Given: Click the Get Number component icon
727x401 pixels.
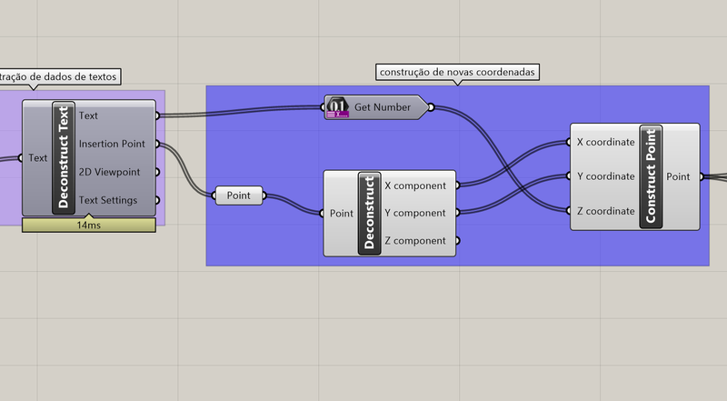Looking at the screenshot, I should pyautogui.click(x=338, y=108).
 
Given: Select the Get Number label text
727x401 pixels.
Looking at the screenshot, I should pyautogui.click(x=381, y=108).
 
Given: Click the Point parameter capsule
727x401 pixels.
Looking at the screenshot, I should pyautogui.click(x=239, y=195).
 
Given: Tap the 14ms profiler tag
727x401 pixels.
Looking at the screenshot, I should pyautogui.click(x=89, y=225).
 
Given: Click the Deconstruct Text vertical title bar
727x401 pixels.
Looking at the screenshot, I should pyautogui.click(x=64, y=157).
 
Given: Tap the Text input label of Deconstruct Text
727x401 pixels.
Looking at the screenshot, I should pyautogui.click(x=38, y=158).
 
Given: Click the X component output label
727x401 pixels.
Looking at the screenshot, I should pyautogui.click(x=415, y=185).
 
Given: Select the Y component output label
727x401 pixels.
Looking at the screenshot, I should pyautogui.click(x=415, y=213).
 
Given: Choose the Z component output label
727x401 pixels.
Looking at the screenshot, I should pyautogui.click(x=415, y=241).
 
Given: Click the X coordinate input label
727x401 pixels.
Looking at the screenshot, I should pyautogui.click(x=605, y=142).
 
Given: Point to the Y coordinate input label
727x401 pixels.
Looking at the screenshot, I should pyautogui.click(x=605, y=176).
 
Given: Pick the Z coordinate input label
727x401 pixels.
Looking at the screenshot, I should pyautogui.click(x=605, y=211).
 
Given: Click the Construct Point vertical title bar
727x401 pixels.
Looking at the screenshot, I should pyautogui.click(x=650, y=176).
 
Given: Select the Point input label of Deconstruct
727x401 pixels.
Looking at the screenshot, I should pyautogui.click(x=342, y=214).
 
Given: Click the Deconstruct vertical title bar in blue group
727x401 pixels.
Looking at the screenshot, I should pyautogui.click(x=369, y=213).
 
